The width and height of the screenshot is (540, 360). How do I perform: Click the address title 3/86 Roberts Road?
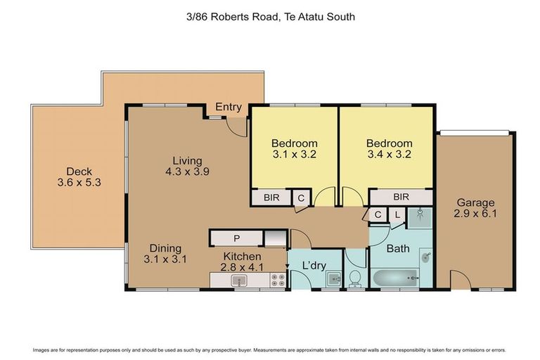tap(269, 16)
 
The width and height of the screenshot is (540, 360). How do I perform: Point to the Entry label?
tap(229, 108)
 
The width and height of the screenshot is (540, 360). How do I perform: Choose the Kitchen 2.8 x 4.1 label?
tap(243, 262)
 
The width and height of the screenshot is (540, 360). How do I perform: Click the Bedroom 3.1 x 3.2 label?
tap(295, 149)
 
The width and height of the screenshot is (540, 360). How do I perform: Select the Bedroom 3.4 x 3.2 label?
tap(389, 149)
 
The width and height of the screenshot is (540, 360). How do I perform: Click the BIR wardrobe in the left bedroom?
tap(271, 198)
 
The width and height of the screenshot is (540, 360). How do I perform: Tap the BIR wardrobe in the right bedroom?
tap(401, 198)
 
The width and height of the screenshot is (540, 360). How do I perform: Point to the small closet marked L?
tap(397, 215)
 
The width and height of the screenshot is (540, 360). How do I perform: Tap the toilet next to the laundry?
tap(356, 278)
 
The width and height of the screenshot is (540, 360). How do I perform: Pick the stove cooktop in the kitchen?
tap(276, 281)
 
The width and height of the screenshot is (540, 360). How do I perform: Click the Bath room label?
tap(397, 248)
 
